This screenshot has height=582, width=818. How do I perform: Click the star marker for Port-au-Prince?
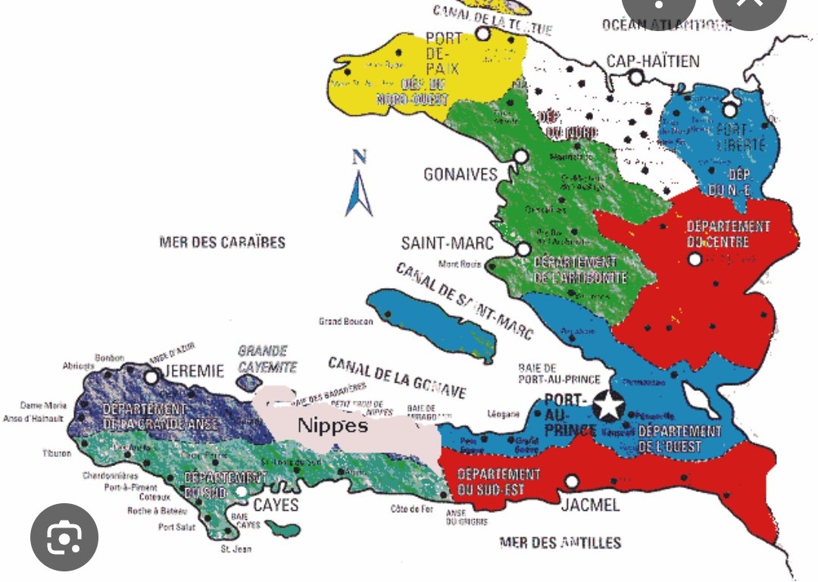(x=608, y=405)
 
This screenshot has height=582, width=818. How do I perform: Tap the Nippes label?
(x=333, y=425)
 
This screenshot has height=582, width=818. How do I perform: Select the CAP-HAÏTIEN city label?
(x=653, y=61)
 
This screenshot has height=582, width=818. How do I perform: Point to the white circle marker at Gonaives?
(x=520, y=156)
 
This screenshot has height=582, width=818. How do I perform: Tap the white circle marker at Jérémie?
(x=151, y=376)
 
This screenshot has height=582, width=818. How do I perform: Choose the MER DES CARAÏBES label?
(x=222, y=242)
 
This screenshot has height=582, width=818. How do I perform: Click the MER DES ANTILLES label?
(x=560, y=542)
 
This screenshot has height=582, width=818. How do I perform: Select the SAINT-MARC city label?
(x=447, y=243)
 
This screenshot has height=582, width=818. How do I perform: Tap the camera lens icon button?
(x=64, y=537)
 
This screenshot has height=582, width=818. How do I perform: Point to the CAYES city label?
(x=276, y=505)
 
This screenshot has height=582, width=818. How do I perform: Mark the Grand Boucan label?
(x=345, y=321)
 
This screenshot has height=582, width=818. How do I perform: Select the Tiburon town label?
(x=57, y=453)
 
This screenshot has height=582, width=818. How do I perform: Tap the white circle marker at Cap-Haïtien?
(x=636, y=77)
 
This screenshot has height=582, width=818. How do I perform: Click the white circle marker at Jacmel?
(x=572, y=481)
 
